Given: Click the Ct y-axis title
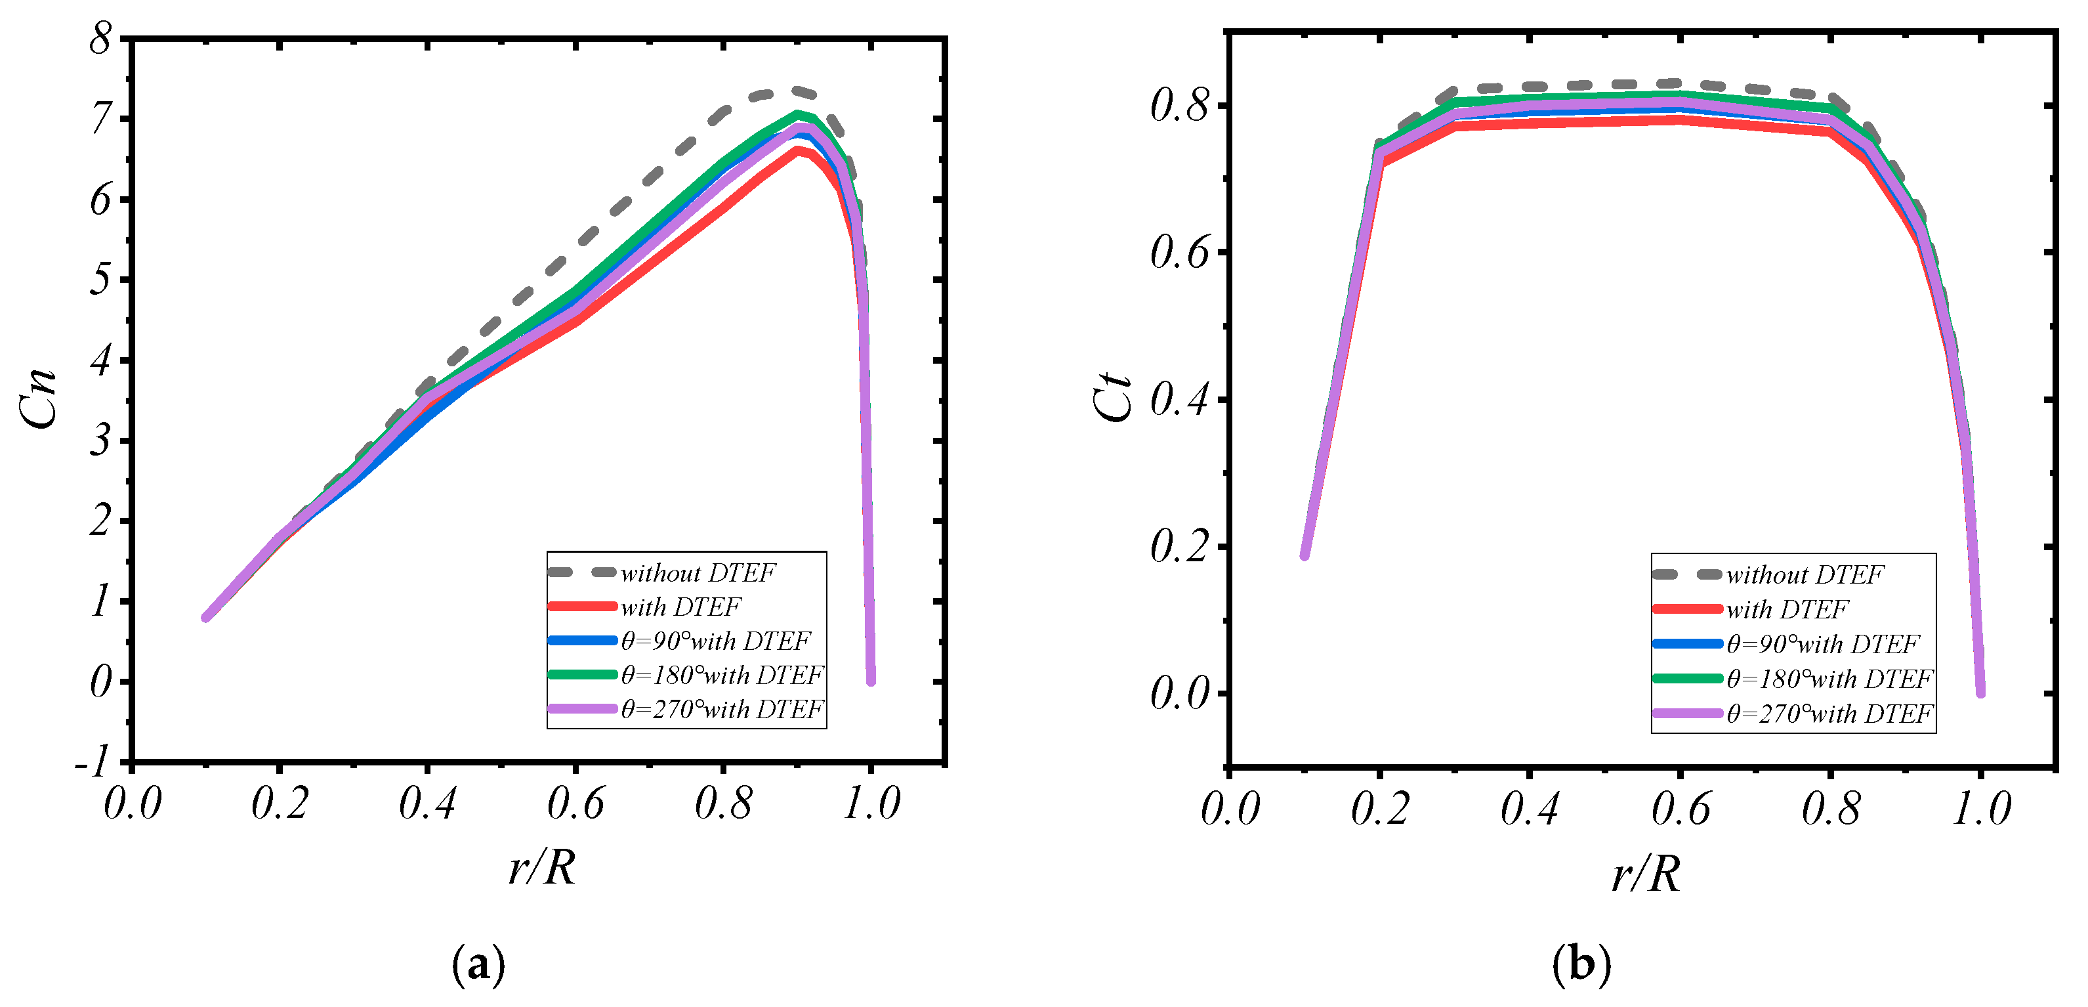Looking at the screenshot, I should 1112,397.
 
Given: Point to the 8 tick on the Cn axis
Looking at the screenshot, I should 100,38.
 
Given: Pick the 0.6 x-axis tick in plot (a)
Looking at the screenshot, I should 575,803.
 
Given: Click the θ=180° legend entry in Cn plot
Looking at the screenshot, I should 721,675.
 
